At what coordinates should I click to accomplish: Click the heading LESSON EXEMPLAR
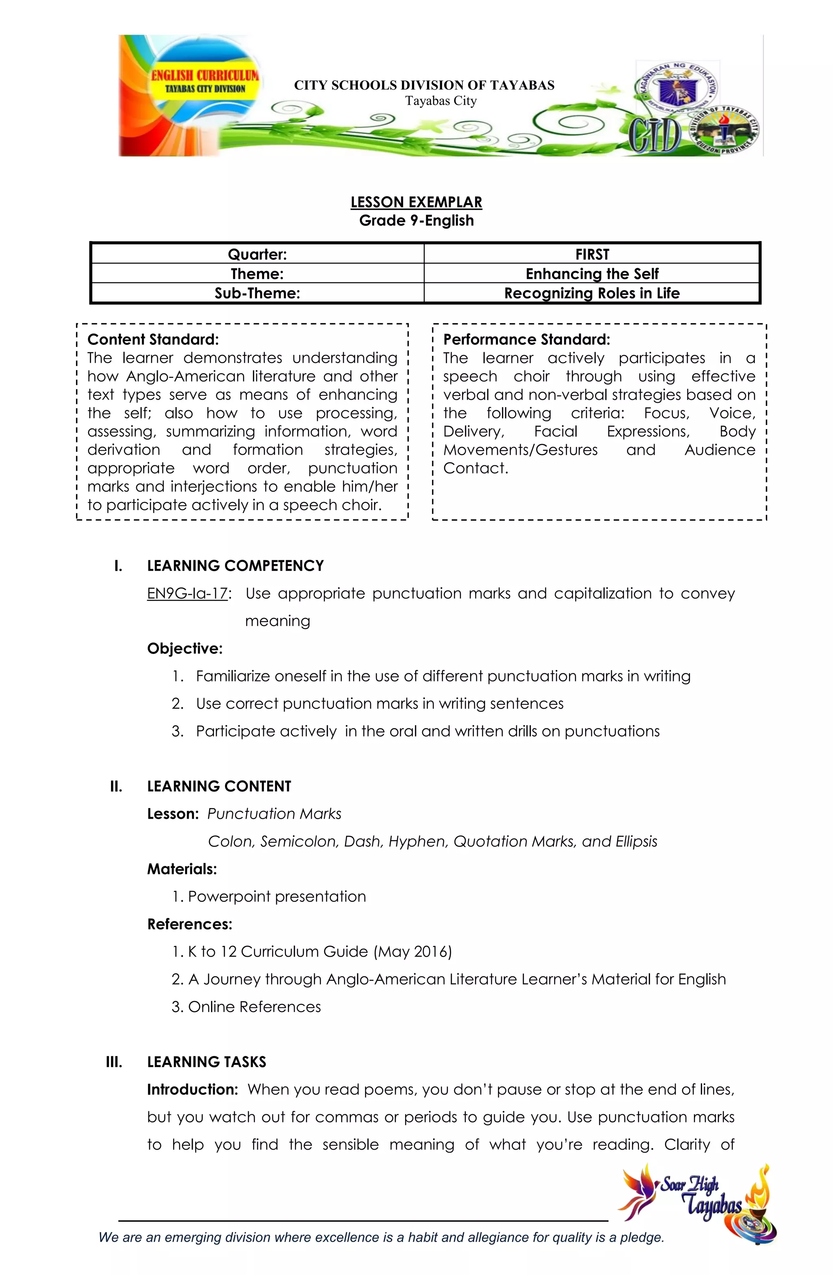pos(416,202)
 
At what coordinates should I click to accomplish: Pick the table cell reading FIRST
pos(591,254)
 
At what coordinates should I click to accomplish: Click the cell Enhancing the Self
pos(591,274)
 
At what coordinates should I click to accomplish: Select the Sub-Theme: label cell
pos(257,293)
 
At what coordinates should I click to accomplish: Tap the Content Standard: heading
pos(153,340)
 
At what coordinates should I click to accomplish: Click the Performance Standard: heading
pos(526,340)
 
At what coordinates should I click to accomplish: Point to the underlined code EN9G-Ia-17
pos(188,594)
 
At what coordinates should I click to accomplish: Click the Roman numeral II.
pos(116,786)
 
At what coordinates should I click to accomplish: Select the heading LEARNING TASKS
pos(206,1062)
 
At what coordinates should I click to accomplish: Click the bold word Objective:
pos(185,649)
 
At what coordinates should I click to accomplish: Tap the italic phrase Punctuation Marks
pos(274,814)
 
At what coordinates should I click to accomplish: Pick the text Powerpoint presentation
pos(277,897)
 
